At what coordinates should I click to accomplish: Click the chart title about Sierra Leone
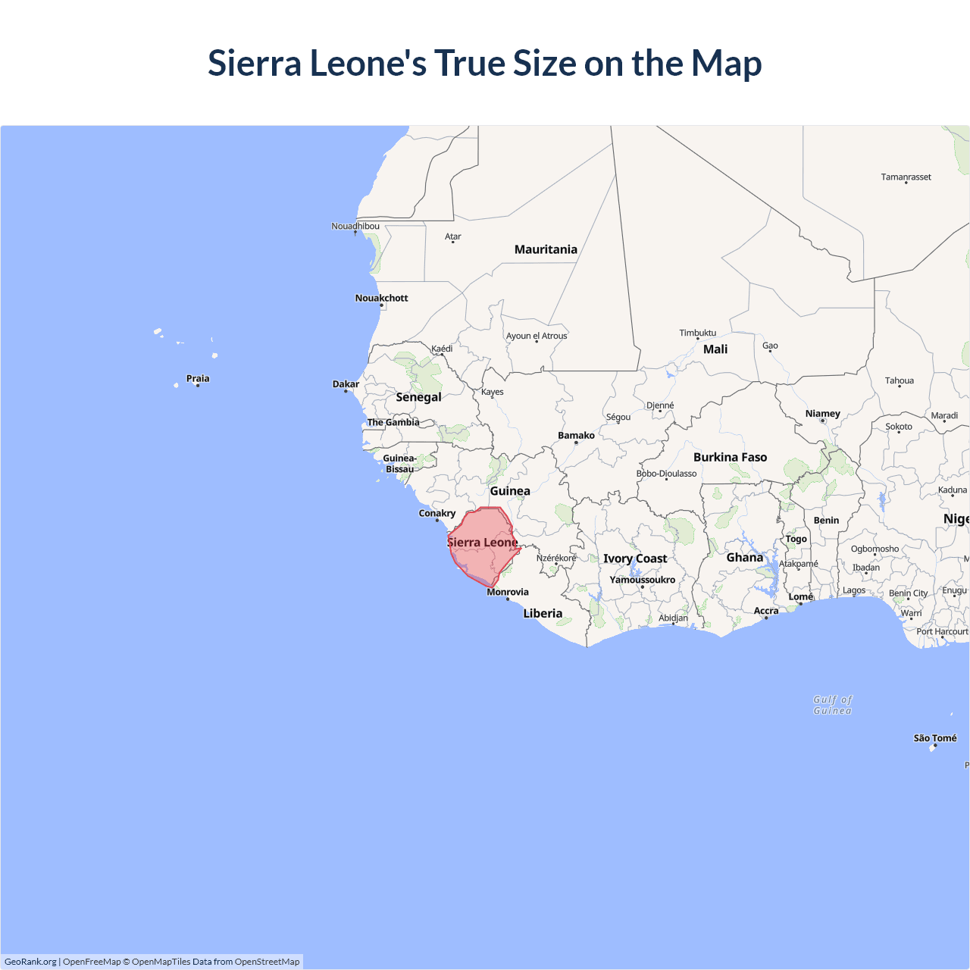pos(485,63)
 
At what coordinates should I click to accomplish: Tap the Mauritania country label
pos(546,249)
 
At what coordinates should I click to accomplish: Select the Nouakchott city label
pos(381,298)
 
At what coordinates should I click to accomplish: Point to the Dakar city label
pos(346,384)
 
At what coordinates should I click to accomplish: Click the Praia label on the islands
pos(198,378)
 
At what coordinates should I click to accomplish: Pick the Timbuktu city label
pos(697,333)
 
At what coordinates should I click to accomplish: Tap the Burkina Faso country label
pos(730,457)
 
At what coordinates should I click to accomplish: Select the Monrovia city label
pos(508,592)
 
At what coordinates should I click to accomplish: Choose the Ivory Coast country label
pos(635,559)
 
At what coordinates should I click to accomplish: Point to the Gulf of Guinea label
pos(833,705)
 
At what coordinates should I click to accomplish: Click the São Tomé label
pos(935,738)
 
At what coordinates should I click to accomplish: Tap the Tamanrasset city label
pos(906,177)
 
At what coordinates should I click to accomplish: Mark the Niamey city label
pos(823,414)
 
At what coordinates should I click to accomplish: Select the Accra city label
pos(766,611)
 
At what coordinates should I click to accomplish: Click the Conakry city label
pos(437,513)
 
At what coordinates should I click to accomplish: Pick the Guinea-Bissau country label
pos(399,464)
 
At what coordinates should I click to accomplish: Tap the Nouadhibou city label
pos(355,226)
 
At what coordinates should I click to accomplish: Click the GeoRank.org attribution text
pos(30,962)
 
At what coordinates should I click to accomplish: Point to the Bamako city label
pos(576,435)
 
